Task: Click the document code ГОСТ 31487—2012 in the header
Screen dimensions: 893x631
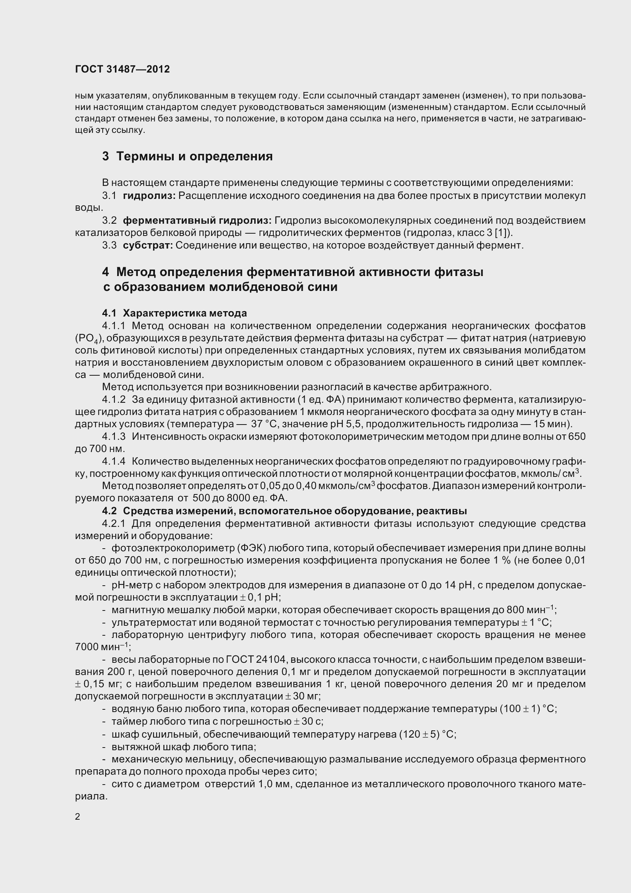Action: point(123,69)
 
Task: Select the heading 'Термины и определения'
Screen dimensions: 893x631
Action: point(194,157)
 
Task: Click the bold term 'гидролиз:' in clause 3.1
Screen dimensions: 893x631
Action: point(149,195)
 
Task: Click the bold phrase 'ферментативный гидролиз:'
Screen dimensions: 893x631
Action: point(197,221)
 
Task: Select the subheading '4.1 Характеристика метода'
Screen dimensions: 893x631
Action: point(174,313)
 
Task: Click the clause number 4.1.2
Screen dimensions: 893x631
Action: point(114,399)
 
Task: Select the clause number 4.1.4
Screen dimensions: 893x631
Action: point(114,461)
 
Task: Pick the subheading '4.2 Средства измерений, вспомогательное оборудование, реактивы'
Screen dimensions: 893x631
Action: point(285,511)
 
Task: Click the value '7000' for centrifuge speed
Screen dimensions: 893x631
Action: point(86,647)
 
